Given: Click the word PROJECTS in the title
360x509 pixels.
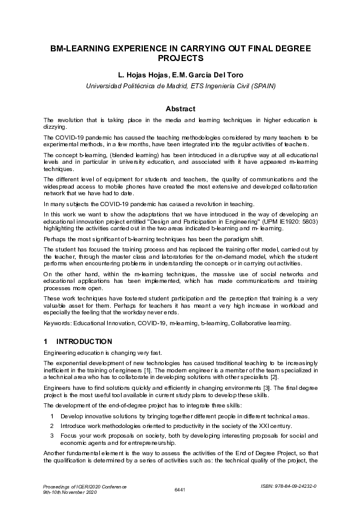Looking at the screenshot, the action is click(x=180, y=59).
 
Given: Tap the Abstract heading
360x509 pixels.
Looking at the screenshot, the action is click(x=180, y=109).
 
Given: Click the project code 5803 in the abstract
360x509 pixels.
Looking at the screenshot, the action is click(x=309, y=222).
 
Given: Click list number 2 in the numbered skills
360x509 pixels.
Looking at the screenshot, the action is click(x=53, y=426).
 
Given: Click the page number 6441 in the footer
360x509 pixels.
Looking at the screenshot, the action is click(x=180, y=488).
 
